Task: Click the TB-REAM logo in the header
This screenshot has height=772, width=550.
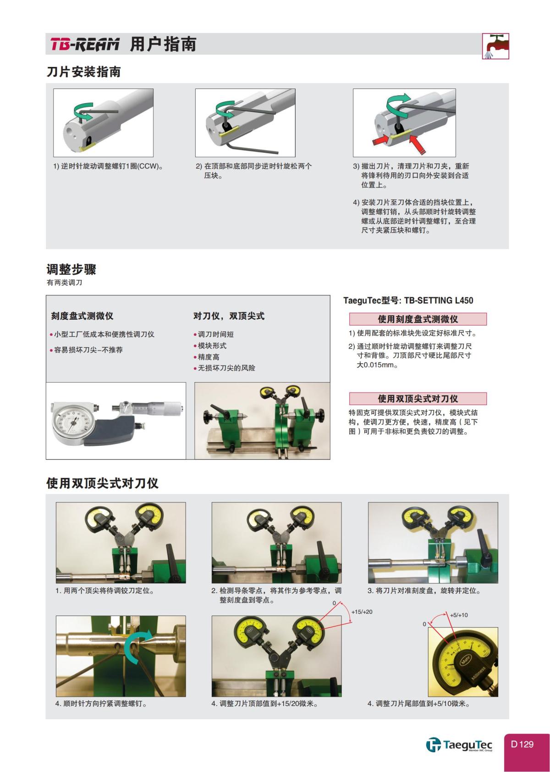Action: (x=84, y=44)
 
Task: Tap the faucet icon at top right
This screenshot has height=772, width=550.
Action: (x=495, y=46)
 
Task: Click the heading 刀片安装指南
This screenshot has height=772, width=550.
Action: (x=83, y=72)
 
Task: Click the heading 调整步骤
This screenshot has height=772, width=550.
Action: (x=71, y=269)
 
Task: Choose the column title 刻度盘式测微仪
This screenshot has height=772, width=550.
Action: (x=82, y=316)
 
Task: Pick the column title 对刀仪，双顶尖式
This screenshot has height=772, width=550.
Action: (x=229, y=316)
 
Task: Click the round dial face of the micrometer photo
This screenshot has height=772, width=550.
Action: (x=73, y=422)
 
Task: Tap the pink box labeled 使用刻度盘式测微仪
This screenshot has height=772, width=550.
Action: (x=418, y=319)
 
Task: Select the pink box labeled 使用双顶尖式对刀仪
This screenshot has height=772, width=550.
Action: (x=418, y=399)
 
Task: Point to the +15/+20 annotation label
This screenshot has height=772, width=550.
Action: (x=362, y=612)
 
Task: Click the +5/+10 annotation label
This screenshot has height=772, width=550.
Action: (x=459, y=615)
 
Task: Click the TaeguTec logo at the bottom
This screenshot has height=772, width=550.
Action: (x=459, y=745)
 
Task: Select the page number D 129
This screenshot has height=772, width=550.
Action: (x=522, y=744)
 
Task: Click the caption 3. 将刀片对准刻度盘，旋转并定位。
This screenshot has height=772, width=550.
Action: (x=424, y=591)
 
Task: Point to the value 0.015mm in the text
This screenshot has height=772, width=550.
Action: (x=377, y=366)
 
